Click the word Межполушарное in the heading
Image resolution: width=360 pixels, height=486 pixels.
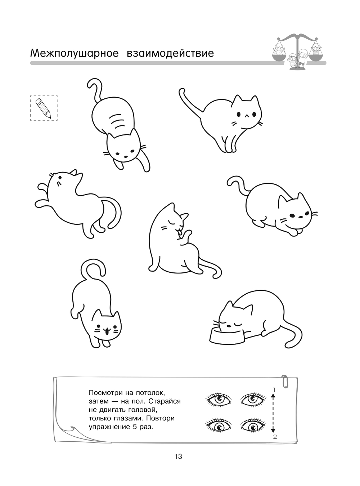[75, 53]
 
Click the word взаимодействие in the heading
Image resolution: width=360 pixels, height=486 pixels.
[170, 53]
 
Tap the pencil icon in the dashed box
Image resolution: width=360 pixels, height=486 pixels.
[43, 108]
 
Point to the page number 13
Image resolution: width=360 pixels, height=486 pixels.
[179, 456]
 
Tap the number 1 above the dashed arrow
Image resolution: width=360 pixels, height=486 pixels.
[274, 390]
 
